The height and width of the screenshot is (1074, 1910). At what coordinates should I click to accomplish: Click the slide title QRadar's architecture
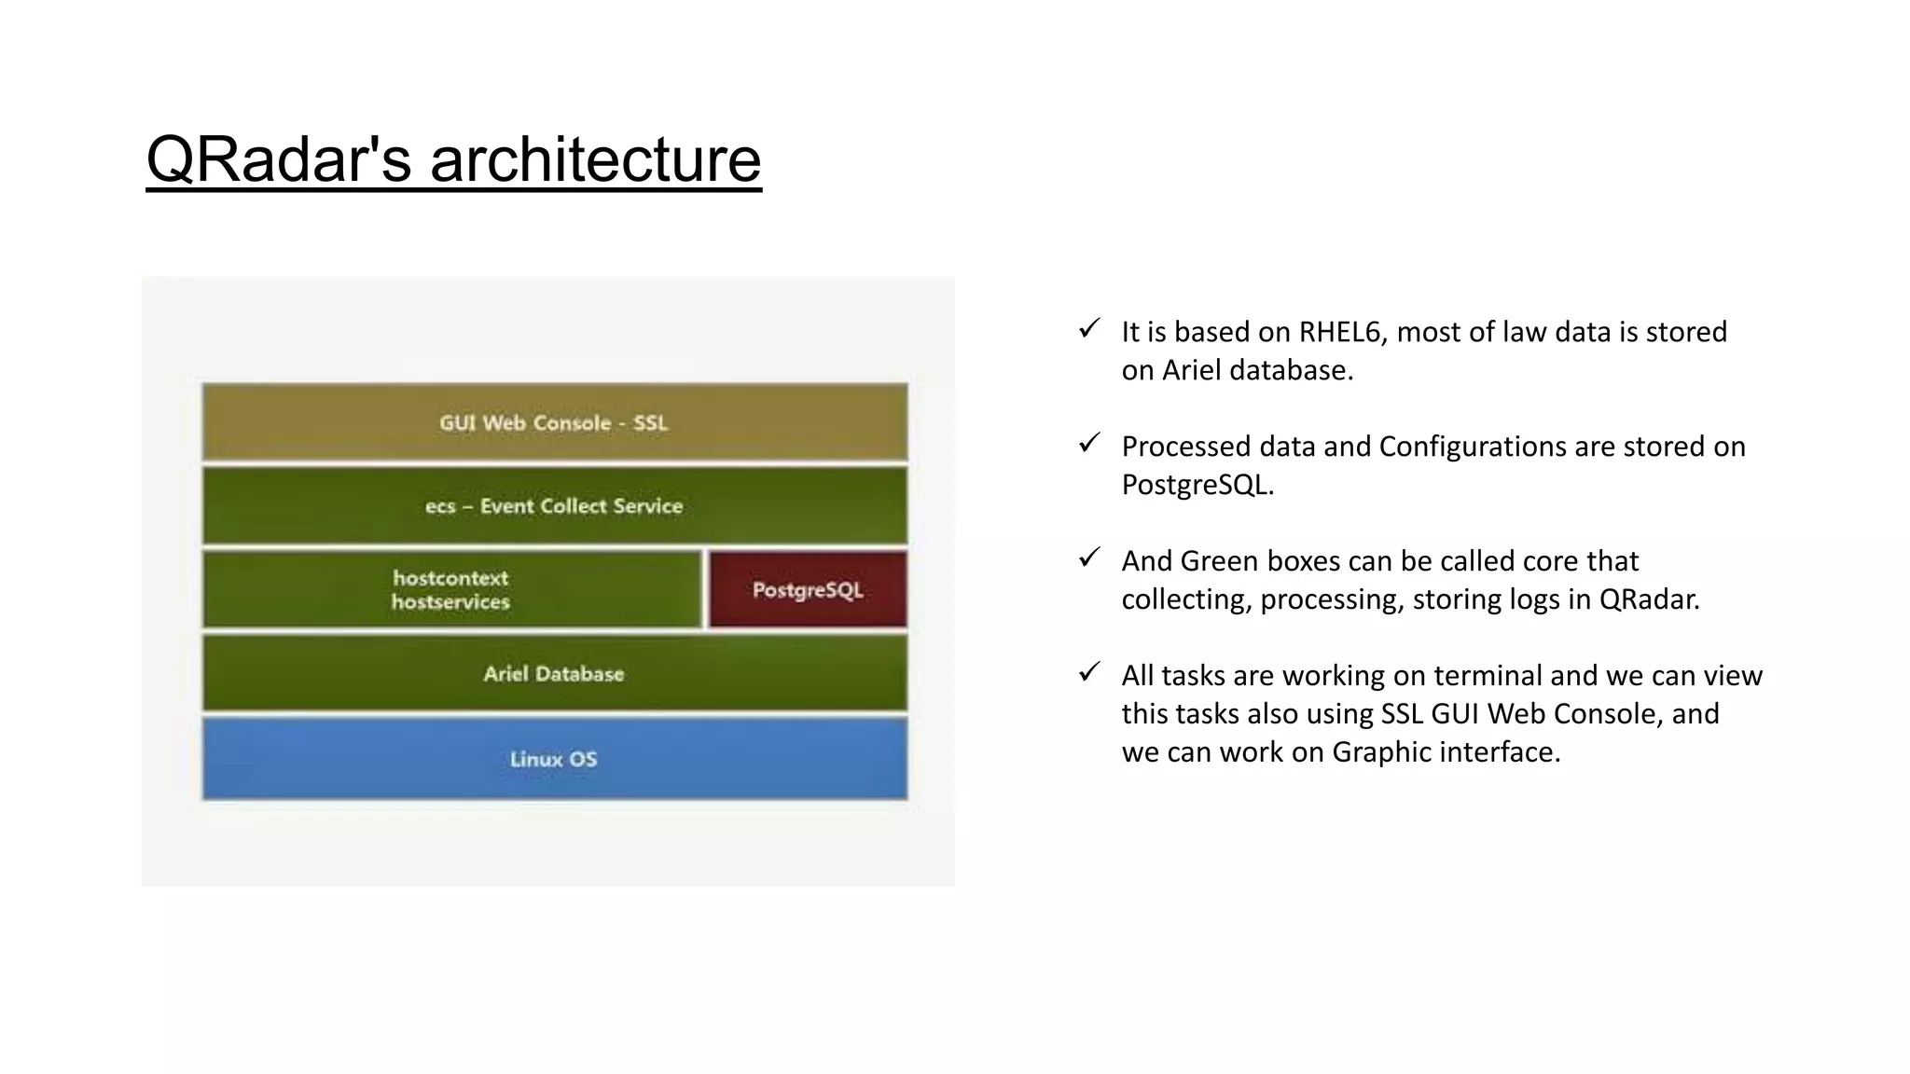click(453, 159)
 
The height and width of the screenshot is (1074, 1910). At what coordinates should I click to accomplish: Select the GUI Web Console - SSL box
click(555, 421)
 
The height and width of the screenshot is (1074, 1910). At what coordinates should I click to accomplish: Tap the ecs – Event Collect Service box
click(555, 505)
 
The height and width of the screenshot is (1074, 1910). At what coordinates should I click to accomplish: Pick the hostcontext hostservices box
click(452, 589)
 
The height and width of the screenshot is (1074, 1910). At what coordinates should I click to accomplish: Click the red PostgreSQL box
click(808, 589)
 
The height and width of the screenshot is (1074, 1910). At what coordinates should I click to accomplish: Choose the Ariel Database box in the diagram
click(555, 673)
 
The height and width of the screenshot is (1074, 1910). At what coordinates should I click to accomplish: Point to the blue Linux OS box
click(555, 758)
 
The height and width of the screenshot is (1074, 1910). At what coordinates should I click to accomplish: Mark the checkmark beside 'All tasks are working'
click(1089, 672)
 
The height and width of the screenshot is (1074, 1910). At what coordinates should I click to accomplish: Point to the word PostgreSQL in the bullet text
click(1197, 485)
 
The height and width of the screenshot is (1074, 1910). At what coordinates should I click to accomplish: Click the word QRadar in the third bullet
click(1649, 599)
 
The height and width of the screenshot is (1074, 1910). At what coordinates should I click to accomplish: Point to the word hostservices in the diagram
click(450, 602)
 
